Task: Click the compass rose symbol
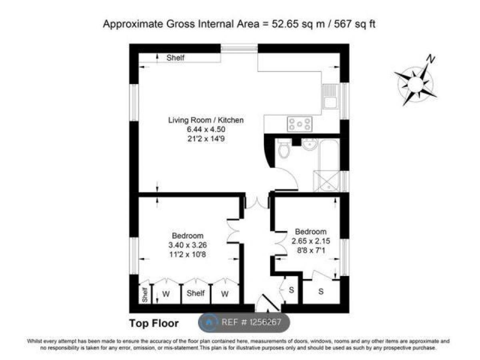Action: tap(416, 84)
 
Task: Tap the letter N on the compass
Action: tap(430, 59)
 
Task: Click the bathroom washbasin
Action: tap(309, 145)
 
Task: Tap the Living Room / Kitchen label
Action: tap(206, 120)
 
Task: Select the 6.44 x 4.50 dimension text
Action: tap(206, 130)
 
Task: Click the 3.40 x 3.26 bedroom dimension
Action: tap(188, 245)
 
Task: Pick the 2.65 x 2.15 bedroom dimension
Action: tap(310, 241)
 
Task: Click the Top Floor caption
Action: tap(154, 323)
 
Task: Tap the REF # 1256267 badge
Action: tap(244, 322)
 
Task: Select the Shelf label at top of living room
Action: tap(176, 58)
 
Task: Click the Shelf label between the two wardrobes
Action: tap(196, 293)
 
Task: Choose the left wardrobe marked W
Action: tap(166, 294)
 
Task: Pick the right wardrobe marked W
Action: tap(225, 294)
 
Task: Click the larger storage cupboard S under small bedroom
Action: tap(321, 292)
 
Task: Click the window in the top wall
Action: tap(239, 48)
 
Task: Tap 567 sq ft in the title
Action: tap(356, 24)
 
